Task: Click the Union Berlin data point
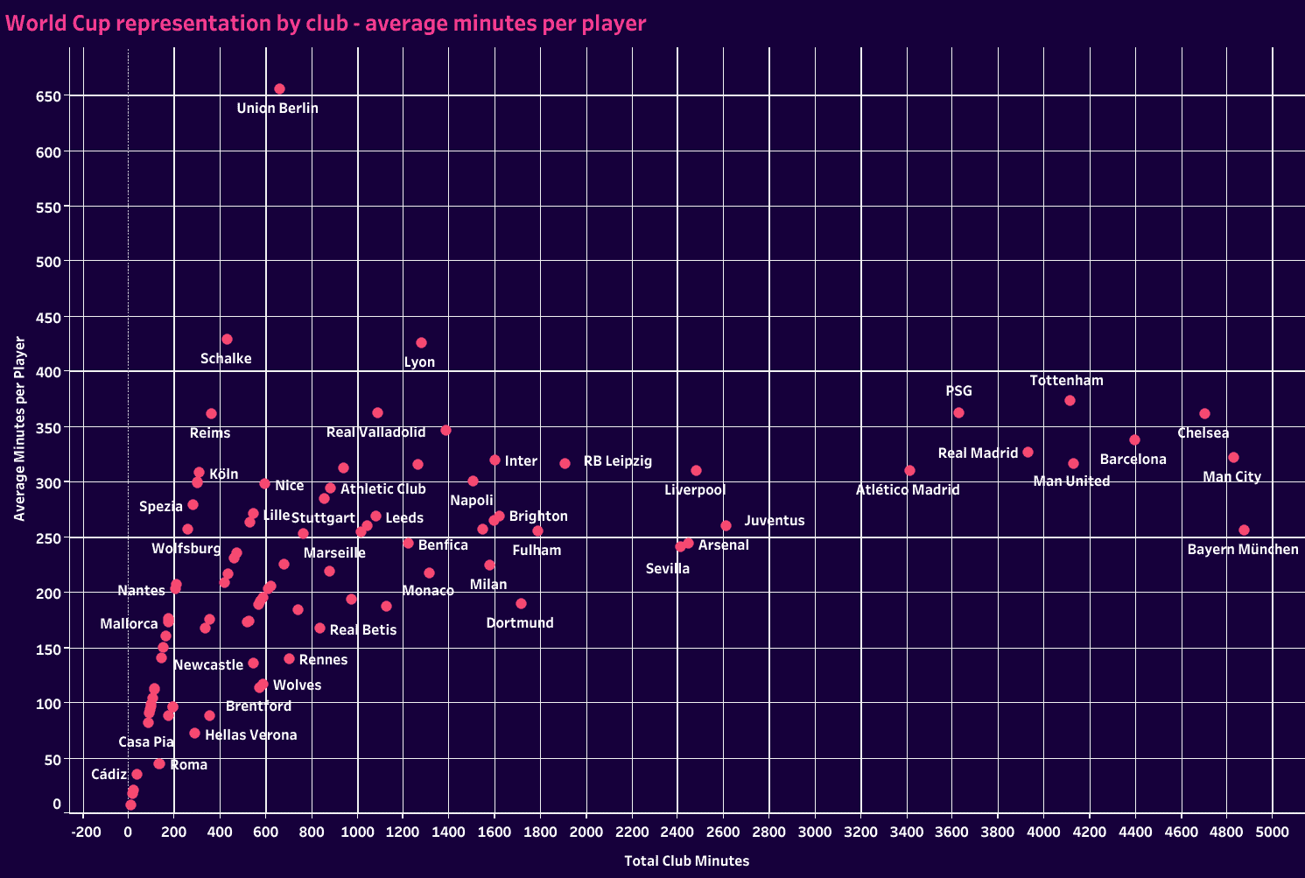[x=279, y=88]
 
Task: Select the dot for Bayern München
[x=1244, y=530]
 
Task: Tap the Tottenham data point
[x=1070, y=400]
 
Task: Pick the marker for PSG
[x=958, y=412]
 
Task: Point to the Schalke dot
[x=227, y=339]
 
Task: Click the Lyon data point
[x=421, y=342]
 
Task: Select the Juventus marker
[x=726, y=525]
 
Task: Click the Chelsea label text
[x=1203, y=433]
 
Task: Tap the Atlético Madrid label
[x=908, y=490]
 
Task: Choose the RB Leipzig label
[x=617, y=461]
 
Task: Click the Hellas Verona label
[x=250, y=735]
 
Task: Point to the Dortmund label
[x=520, y=623]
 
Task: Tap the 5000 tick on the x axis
[x=1273, y=832]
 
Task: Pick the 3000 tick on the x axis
[x=815, y=832]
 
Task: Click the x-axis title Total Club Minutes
[x=686, y=861]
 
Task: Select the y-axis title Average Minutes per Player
[x=19, y=429]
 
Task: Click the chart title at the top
[x=326, y=24]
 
